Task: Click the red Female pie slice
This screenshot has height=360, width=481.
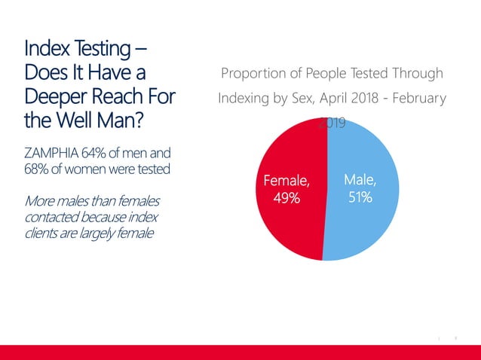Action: click(x=286, y=226)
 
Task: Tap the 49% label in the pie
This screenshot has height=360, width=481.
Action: click(x=286, y=198)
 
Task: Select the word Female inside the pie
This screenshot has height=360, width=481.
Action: click(x=286, y=181)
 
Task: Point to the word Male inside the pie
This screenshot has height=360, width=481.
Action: click(x=360, y=179)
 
